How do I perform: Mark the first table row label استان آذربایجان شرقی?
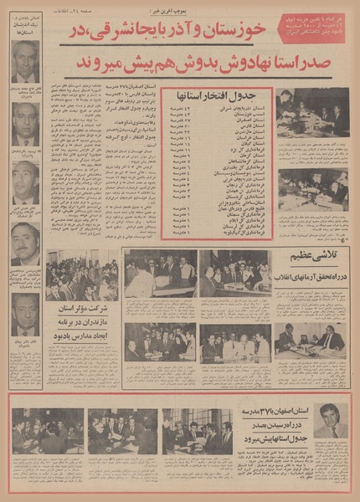pyautogui.click(x=245, y=109)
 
